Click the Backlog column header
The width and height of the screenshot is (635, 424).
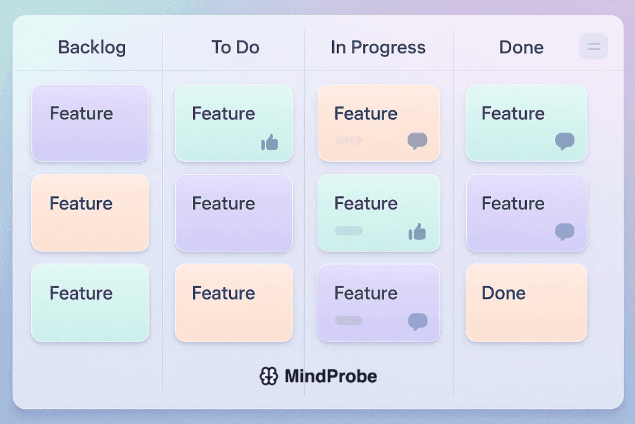point(91,48)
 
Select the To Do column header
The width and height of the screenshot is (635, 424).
point(235,48)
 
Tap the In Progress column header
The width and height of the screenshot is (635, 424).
point(378,48)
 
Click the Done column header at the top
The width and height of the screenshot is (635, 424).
point(521,48)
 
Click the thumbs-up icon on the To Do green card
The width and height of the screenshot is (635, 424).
point(270,142)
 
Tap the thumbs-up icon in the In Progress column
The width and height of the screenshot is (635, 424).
point(417,232)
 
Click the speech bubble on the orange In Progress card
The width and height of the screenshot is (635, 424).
point(417,140)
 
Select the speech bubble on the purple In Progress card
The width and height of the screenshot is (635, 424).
point(417,321)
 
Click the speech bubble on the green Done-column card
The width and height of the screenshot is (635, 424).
point(565,140)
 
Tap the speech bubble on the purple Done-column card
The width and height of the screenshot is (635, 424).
point(565,232)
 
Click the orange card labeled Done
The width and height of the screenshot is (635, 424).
point(526,303)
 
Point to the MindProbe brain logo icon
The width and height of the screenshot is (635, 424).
point(269,376)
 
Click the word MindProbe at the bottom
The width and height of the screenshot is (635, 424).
point(330,376)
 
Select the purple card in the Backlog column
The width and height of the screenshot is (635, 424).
point(90,123)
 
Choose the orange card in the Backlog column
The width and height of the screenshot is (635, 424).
point(90,213)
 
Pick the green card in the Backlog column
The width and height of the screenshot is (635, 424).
point(90,303)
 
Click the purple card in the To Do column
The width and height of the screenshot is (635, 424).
point(234,213)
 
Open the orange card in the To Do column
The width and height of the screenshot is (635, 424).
point(234,303)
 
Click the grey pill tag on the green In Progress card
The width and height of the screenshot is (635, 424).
point(349,231)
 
